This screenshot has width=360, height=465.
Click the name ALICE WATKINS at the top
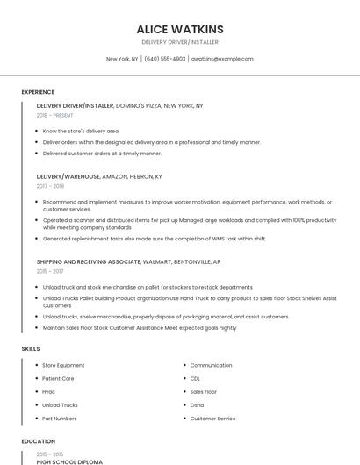click(x=180, y=29)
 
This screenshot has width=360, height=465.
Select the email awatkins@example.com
click(x=222, y=59)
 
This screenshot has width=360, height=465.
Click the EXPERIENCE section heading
click(x=38, y=92)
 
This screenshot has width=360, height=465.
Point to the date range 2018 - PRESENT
click(x=55, y=115)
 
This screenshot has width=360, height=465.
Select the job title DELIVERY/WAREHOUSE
click(x=68, y=175)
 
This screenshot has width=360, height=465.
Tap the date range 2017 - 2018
click(x=51, y=186)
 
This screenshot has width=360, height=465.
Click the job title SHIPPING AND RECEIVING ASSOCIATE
click(x=89, y=261)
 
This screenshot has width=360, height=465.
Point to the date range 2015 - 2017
click(x=51, y=272)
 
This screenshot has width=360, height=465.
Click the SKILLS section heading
click(x=30, y=349)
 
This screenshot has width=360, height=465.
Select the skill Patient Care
click(x=58, y=379)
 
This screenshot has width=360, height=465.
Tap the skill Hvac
click(x=49, y=392)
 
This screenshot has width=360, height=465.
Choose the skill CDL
click(x=195, y=379)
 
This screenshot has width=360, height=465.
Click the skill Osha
click(x=197, y=405)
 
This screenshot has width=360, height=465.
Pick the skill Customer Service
click(x=212, y=418)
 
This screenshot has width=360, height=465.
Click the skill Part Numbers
click(x=60, y=418)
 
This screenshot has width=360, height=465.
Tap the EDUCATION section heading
click(x=38, y=441)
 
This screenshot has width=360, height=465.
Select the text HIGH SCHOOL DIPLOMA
click(x=69, y=461)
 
